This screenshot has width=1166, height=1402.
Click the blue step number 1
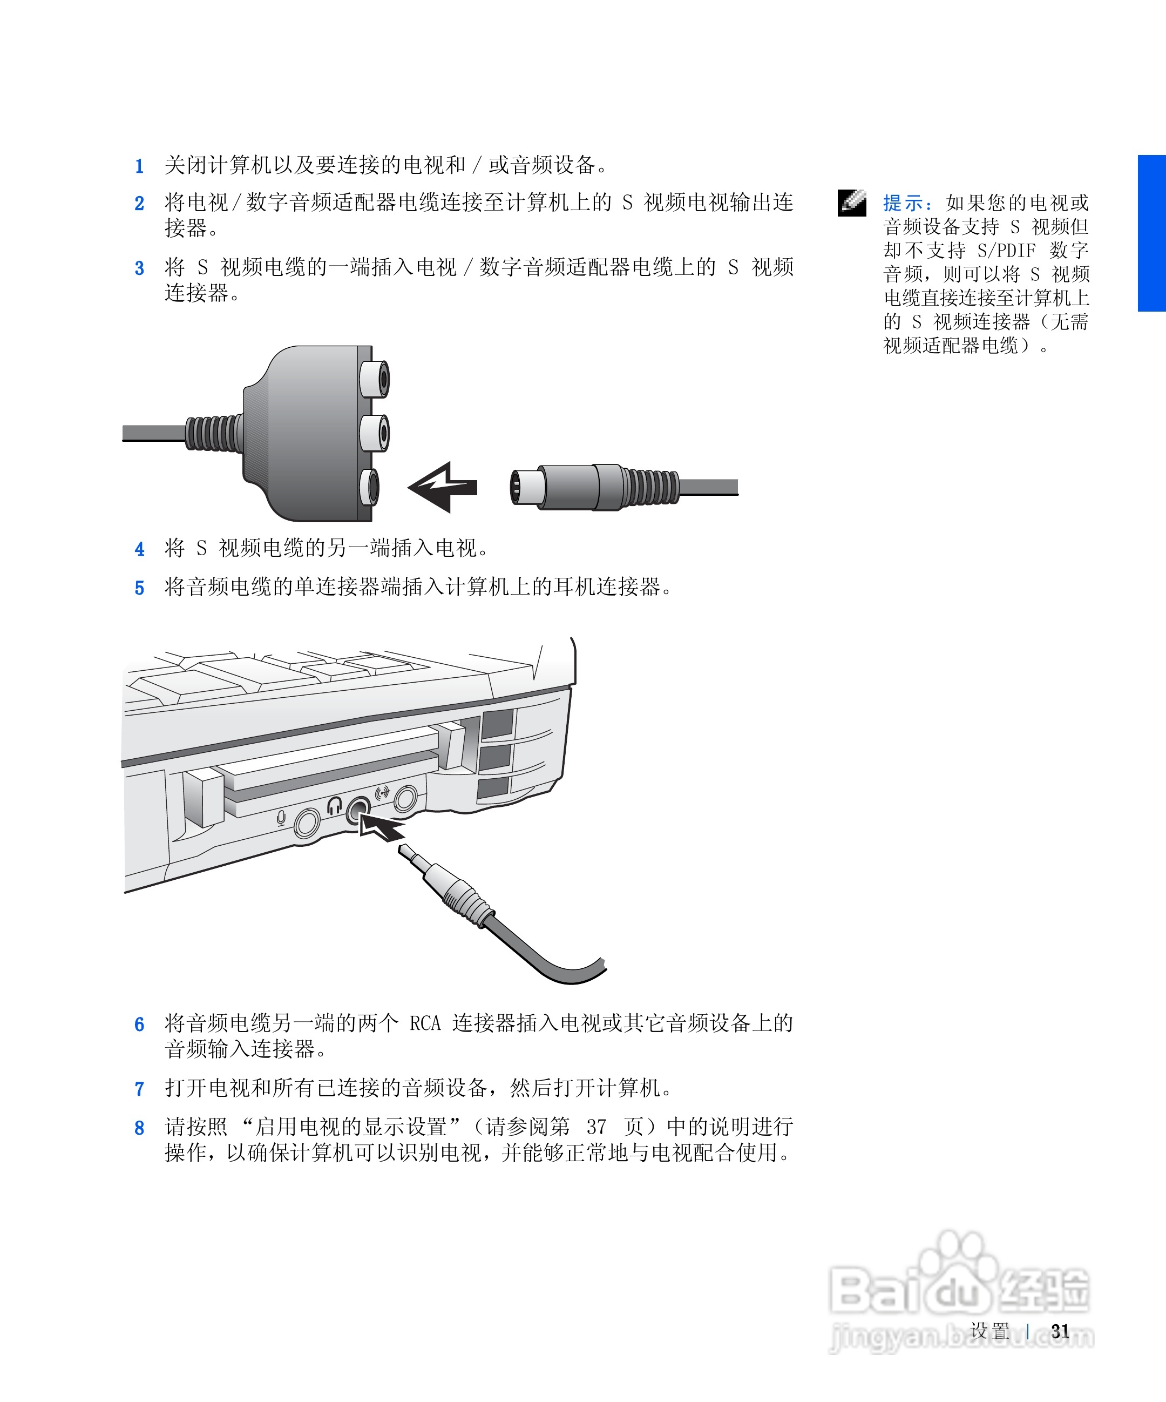139,166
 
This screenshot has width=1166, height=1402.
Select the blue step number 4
139,549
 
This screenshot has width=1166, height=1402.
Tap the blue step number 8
139,1128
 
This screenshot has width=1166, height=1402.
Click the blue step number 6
139,1025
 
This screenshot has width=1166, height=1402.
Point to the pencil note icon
852,203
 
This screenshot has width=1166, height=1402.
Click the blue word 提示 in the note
903,203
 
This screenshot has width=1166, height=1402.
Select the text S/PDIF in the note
1006,251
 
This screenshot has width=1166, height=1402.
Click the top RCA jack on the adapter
375,379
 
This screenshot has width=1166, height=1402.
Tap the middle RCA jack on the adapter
375,433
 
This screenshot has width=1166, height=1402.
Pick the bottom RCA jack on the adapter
370,487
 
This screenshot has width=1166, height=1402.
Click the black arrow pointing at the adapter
442,487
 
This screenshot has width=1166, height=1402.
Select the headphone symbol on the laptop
334,806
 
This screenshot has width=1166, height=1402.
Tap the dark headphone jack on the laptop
358,809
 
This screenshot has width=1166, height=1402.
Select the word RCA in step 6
425,1023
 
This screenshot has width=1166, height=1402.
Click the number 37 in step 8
596,1127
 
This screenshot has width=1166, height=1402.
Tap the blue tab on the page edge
1152,233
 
